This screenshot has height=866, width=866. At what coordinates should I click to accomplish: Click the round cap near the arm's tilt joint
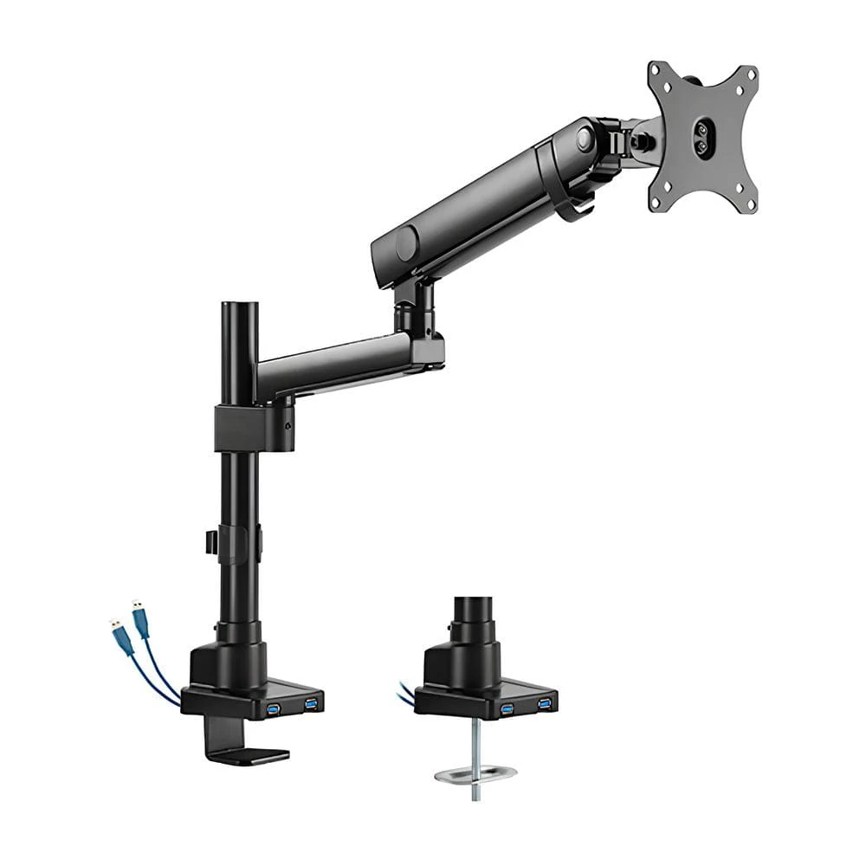coord(586,137)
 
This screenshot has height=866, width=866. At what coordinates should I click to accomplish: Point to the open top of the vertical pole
coord(239,305)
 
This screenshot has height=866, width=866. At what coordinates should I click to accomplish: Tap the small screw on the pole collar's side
coord(288,424)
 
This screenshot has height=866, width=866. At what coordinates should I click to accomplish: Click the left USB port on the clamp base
coord(275,710)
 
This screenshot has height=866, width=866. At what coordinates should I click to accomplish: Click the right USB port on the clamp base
coord(310,702)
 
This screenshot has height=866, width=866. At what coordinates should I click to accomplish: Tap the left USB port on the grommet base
coord(507,709)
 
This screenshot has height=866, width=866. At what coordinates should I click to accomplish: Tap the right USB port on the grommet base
coord(544,701)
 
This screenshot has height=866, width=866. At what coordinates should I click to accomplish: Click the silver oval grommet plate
coord(475,772)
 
